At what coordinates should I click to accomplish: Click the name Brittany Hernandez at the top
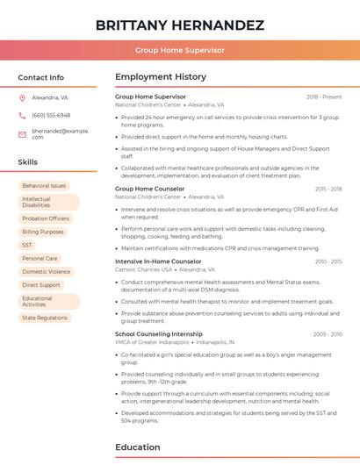179,25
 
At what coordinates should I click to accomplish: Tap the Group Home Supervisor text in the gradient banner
179,50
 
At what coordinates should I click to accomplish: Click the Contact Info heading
40,77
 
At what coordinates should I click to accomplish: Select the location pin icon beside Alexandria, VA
22,98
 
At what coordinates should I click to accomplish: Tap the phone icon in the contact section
22,116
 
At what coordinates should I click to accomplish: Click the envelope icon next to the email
22,134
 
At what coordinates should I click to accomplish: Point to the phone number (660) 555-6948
51,116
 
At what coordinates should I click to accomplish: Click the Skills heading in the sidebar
28,162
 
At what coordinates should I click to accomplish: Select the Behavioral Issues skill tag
44,186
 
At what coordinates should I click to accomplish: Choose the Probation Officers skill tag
46,218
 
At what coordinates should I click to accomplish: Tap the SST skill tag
27,245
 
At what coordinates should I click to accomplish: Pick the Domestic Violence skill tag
47,272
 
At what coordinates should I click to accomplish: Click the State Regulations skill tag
45,318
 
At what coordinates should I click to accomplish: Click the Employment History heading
161,77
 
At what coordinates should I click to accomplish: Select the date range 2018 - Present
324,97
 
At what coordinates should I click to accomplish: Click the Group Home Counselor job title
150,189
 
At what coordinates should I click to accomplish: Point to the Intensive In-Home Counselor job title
158,261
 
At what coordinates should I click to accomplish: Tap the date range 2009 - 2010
328,334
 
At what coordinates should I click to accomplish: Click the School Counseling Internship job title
159,334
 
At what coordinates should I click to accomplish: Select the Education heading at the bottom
137,447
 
